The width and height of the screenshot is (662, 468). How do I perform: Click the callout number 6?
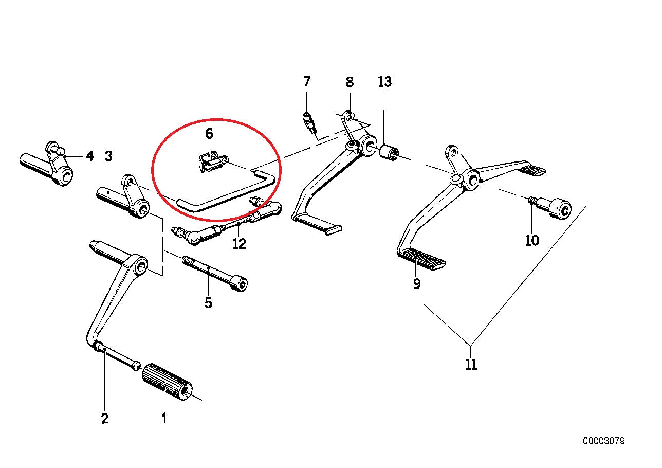(x=209, y=134)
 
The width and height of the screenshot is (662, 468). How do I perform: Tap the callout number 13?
(x=384, y=82)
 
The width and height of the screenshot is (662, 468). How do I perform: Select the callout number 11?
(x=471, y=365)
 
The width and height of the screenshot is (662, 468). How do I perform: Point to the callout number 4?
(x=89, y=155)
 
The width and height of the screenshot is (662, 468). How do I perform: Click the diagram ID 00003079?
(x=603, y=441)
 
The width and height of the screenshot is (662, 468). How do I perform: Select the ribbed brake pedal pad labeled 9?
(x=421, y=258)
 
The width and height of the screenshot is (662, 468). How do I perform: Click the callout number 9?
(x=416, y=283)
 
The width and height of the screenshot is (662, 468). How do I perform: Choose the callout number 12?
(x=239, y=244)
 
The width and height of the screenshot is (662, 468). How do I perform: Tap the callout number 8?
(x=350, y=82)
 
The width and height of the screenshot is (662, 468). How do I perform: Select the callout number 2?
(x=104, y=418)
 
